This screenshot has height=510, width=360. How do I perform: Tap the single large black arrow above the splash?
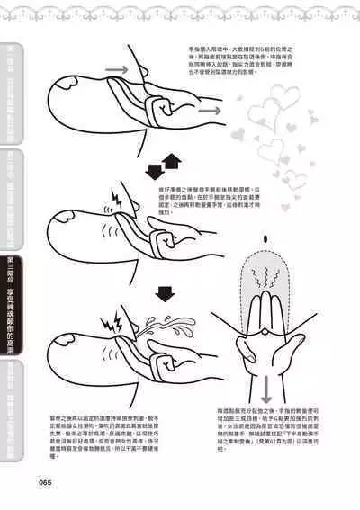click(164, 293)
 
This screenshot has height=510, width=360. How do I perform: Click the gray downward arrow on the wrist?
click(266, 388)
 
